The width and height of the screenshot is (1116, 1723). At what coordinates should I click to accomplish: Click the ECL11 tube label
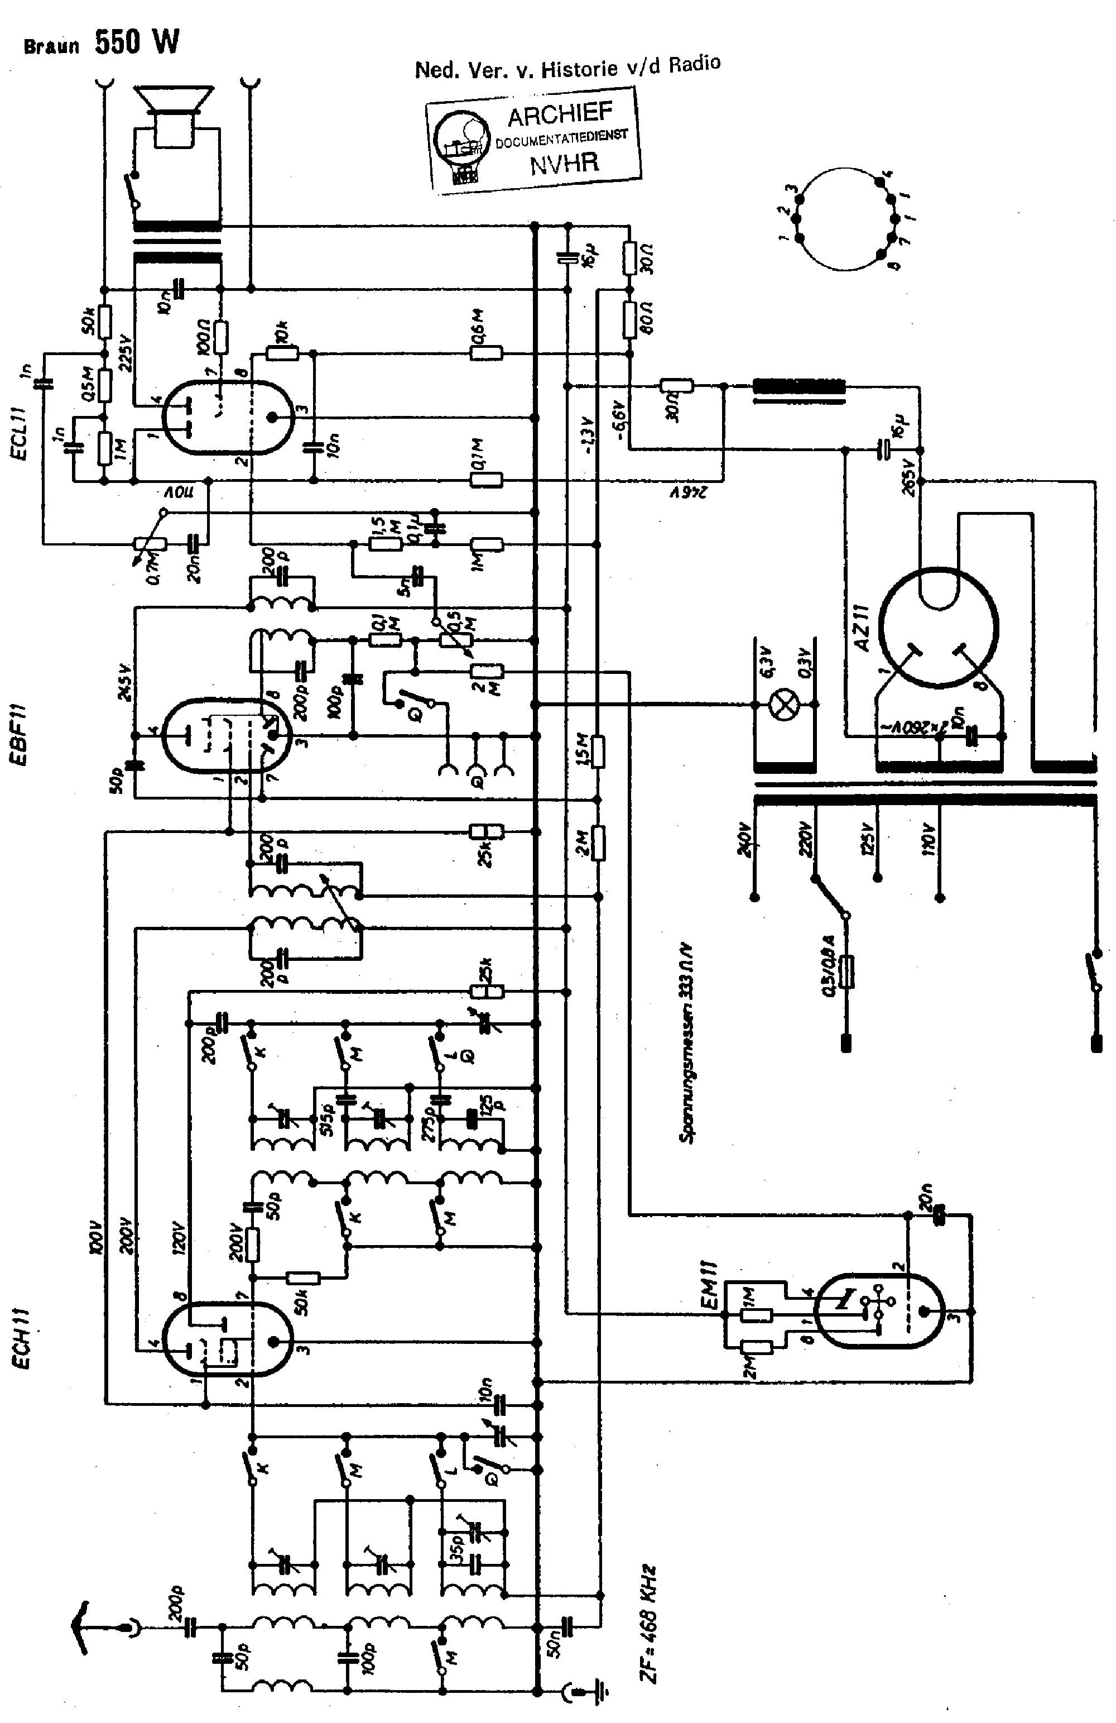click(x=19, y=432)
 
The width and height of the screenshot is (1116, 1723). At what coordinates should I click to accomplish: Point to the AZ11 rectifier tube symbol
click(x=939, y=628)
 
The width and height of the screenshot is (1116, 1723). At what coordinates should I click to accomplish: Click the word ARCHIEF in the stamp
click(x=560, y=115)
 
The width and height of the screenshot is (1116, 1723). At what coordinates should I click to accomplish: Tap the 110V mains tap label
click(x=929, y=840)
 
